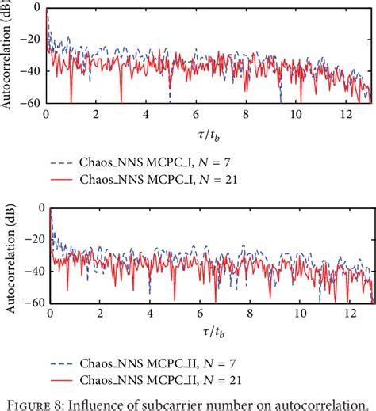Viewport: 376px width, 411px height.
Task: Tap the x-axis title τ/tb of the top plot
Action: (208, 132)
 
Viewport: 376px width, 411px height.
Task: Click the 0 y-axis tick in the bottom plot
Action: (39, 208)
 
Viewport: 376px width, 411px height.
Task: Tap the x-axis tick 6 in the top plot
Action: (196, 114)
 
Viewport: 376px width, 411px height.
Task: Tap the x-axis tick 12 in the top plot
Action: (344, 114)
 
